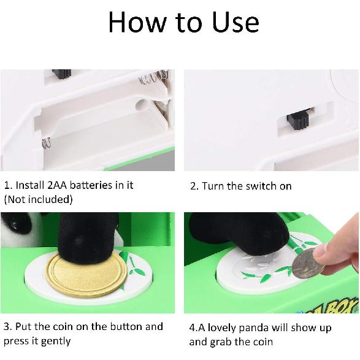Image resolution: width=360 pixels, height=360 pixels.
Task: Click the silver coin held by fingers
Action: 306,266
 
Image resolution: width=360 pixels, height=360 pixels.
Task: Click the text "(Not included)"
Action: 38,199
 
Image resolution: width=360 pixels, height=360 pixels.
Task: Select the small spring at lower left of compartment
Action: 47,144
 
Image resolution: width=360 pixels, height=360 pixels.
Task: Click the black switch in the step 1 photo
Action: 61,74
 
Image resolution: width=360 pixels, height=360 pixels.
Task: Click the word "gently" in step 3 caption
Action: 55,341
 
